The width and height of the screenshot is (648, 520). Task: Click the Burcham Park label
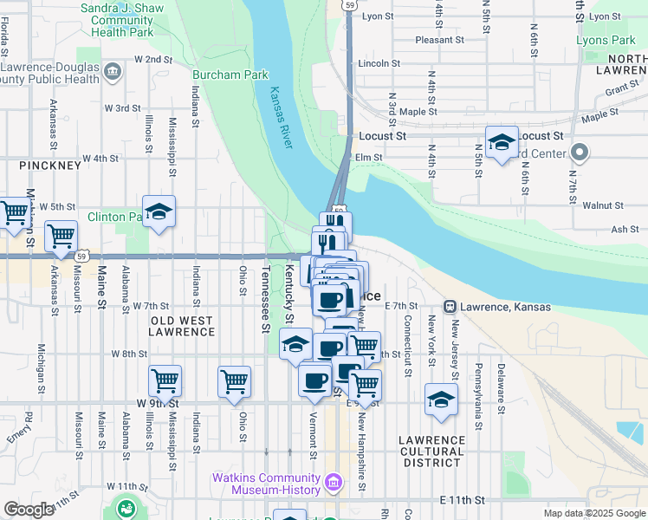[230, 75]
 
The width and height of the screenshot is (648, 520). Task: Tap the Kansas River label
[281, 118]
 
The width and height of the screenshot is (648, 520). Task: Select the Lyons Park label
[605, 40]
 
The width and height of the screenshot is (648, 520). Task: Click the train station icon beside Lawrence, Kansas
[450, 306]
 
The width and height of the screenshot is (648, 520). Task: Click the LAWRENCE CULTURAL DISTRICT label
[431, 452]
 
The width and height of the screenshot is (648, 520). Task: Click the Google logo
[28, 510]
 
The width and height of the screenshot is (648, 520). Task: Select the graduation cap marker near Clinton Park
[159, 212]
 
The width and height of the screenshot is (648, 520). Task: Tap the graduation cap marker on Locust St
[502, 141]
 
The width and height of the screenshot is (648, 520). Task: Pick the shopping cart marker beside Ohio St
[234, 380]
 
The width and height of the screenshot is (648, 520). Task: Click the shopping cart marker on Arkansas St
[61, 235]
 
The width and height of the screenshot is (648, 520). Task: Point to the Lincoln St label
[379, 63]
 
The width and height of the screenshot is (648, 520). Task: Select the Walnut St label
[603, 205]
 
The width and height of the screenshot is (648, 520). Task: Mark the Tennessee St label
[265, 299]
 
